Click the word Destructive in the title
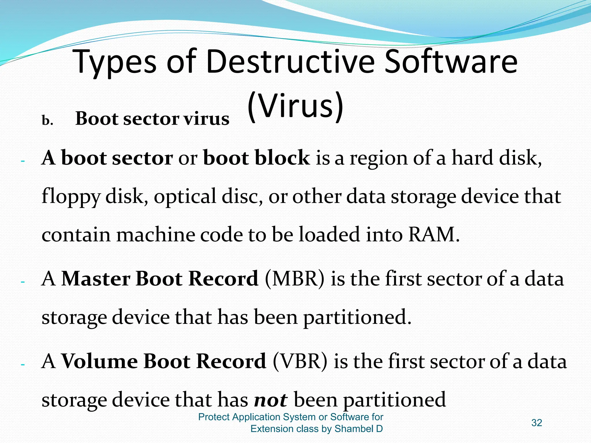pyautogui.click(x=290, y=61)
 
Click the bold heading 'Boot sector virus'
pyautogui.click(x=152, y=119)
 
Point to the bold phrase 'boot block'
pyautogui.click(x=256, y=158)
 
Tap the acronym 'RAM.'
pyautogui.click(x=434, y=234)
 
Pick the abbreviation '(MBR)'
pyautogui.click(x=294, y=279)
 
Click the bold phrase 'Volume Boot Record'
pyautogui.click(x=164, y=361)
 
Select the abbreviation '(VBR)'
pyautogui.click(x=300, y=361)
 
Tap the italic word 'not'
pyautogui.click(x=270, y=400)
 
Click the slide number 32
pyautogui.click(x=536, y=423)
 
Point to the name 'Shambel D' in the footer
pyautogui.click(x=358, y=429)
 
